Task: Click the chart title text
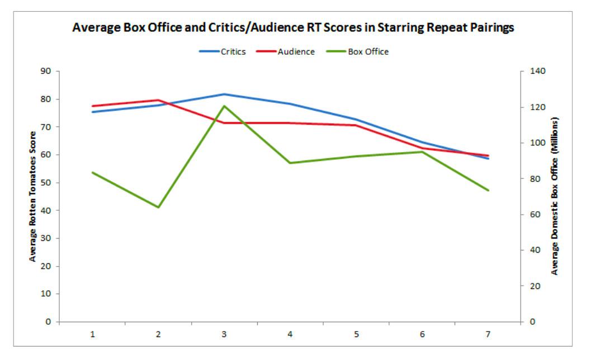(293, 28)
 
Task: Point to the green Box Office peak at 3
(224, 106)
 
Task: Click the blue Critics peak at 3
(224, 94)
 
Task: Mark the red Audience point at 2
(158, 100)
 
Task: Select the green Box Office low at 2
(158, 207)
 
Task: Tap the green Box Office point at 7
(488, 190)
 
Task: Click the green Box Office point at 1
(92, 172)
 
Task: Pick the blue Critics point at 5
(356, 119)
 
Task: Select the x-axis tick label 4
(290, 334)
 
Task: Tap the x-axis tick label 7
(488, 334)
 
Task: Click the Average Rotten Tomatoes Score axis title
(33, 196)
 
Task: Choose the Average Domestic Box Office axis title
(555, 196)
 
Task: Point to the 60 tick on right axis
(534, 215)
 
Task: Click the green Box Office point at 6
(422, 151)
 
